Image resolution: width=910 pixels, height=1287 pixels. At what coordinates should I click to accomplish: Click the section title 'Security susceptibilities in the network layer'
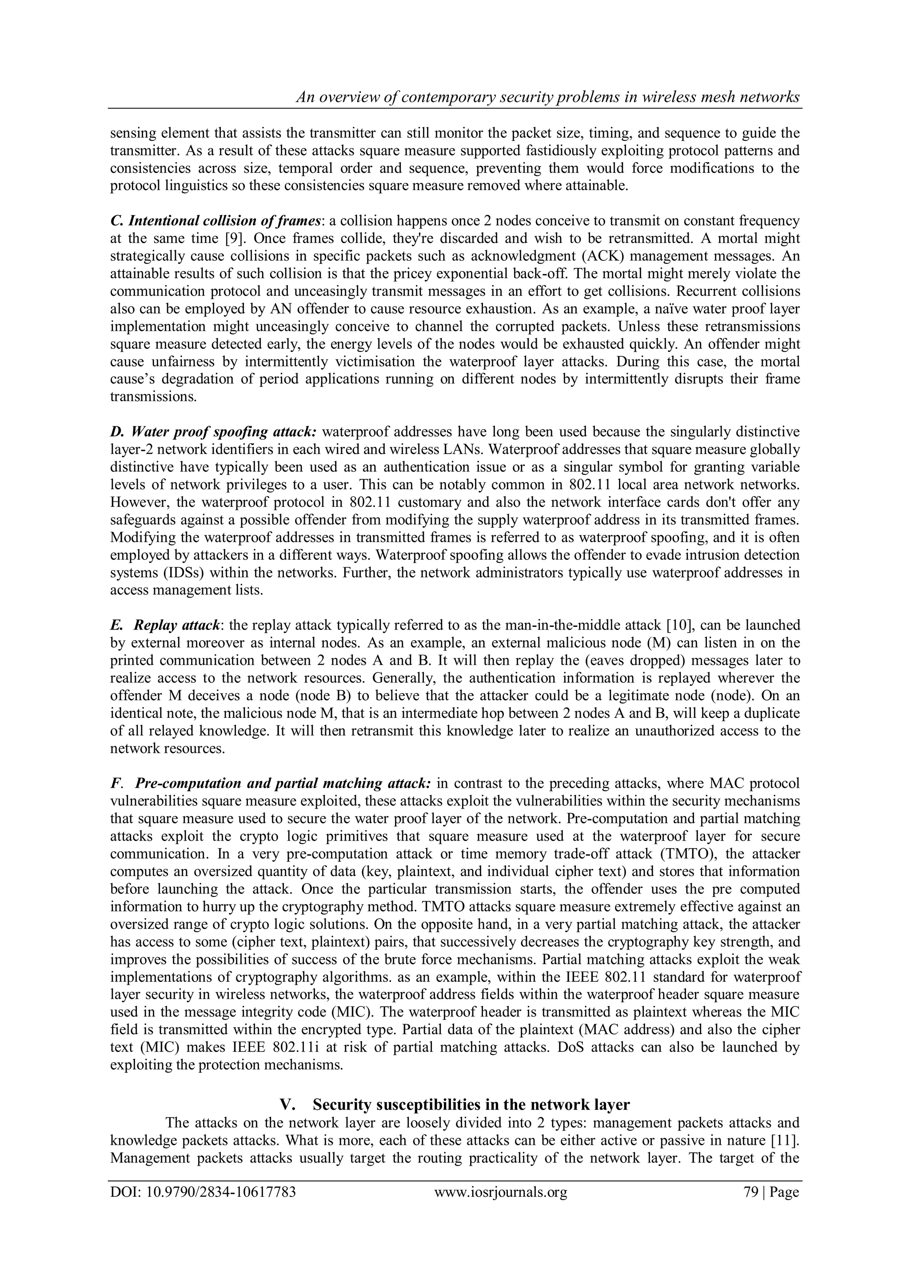[471, 1105]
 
